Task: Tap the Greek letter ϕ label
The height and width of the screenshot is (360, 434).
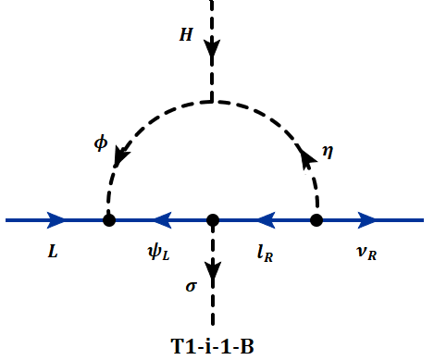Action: [x=100, y=145]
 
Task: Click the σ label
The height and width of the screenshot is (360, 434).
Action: [x=191, y=287]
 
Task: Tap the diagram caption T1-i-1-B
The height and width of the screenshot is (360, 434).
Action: [x=215, y=347]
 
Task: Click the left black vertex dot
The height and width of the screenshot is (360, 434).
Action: [x=109, y=220]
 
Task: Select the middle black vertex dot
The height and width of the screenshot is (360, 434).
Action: [x=213, y=220]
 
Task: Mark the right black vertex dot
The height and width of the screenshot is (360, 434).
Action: [x=316, y=220]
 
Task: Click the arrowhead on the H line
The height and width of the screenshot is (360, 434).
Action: [x=213, y=46]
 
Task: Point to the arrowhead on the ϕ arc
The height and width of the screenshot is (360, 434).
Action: [x=119, y=159]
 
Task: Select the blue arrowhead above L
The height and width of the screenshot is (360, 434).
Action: [x=56, y=220]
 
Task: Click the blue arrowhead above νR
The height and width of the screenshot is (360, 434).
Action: [x=368, y=220]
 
